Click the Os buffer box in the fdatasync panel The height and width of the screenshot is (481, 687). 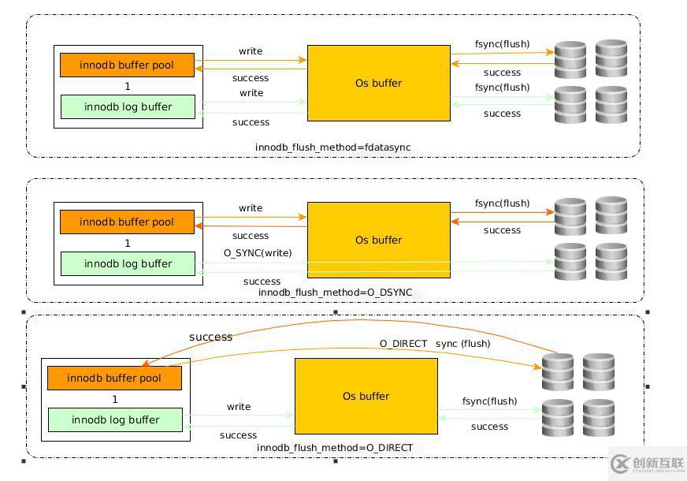pyautogui.click(x=378, y=83)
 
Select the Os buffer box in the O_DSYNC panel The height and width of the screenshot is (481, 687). pyautogui.click(x=378, y=240)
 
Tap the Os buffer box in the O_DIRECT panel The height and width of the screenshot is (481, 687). pyautogui.click(x=366, y=396)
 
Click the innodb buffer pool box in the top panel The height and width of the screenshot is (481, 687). pyautogui.click(x=127, y=65)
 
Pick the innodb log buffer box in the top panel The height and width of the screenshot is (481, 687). pyautogui.click(x=128, y=106)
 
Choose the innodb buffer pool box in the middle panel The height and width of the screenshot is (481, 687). pyautogui.click(x=127, y=222)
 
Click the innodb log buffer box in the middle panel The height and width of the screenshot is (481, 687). pyautogui.click(x=128, y=263)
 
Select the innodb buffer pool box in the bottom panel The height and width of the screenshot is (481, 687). pyautogui.click(x=114, y=378)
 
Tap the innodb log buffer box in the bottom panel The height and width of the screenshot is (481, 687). pyautogui.click(x=115, y=419)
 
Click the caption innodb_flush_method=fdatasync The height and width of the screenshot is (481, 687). pyautogui.click(x=332, y=147)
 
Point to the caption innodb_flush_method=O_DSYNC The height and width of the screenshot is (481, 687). pyautogui.click(x=335, y=293)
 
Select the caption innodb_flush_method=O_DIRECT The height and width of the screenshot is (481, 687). pyautogui.click(x=335, y=448)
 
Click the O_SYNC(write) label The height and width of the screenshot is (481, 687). pyautogui.click(x=258, y=253)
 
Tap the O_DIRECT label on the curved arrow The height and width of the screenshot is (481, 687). pyautogui.click(x=403, y=344)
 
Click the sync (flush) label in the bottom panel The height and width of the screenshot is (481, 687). pyautogui.click(x=462, y=344)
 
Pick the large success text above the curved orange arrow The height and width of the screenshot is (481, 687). pyautogui.click(x=210, y=337)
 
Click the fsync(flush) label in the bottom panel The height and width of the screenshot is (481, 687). pyautogui.click(x=489, y=401)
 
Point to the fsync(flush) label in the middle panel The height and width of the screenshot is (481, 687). pyautogui.click(x=502, y=203)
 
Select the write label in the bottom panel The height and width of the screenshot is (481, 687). pyautogui.click(x=239, y=407)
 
